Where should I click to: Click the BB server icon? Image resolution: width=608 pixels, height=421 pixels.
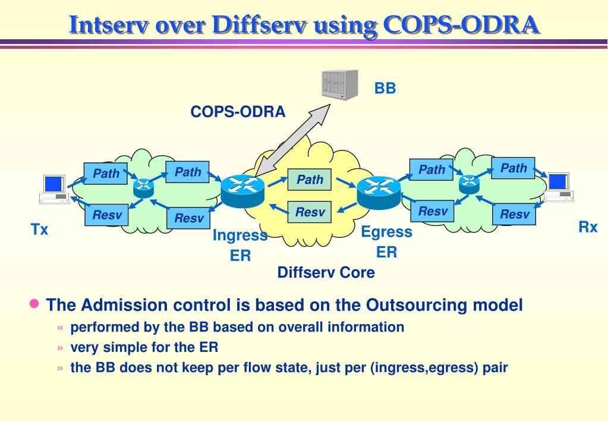coord(339,84)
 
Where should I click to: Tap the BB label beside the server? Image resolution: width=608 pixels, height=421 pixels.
coord(385,89)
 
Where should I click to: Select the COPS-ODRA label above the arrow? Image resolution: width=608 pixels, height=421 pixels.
coord(238,112)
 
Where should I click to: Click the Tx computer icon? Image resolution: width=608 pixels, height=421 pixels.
coord(54,189)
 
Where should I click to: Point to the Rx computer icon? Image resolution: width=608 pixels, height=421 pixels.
coord(559,187)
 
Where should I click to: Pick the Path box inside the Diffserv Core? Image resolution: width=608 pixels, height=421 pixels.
coord(310,180)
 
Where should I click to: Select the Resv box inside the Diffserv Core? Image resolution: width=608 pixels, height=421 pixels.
coord(310,212)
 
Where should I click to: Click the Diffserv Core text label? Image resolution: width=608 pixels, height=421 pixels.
coord(326,273)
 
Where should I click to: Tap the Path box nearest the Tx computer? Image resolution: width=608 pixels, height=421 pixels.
coord(106,174)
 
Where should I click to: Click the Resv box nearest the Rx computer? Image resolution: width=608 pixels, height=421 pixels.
coord(514,214)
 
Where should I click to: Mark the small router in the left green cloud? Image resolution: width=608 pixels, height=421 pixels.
coord(143,188)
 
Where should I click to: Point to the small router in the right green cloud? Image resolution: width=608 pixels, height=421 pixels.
coord(469,184)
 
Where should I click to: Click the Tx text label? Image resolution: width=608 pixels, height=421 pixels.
coord(39,230)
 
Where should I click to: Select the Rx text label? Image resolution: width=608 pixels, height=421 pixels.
coord(588,227)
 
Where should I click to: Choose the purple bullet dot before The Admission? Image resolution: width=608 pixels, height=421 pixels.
coord(34,304)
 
